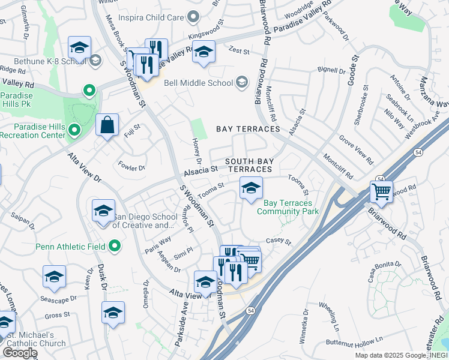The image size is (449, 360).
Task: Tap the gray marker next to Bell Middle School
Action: (x=241, y=82)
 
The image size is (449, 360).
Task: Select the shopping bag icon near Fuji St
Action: (x=107, y=125)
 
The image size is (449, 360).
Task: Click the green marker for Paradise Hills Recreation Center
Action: (x=74, y=130)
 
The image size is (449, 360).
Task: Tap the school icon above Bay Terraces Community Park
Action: (x=251, y=188)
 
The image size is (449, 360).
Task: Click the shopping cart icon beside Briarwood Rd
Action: (x=381, y=192)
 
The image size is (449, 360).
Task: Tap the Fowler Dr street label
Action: (x=132, y=166)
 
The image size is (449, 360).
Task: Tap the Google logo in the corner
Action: (x=20, y=353)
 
